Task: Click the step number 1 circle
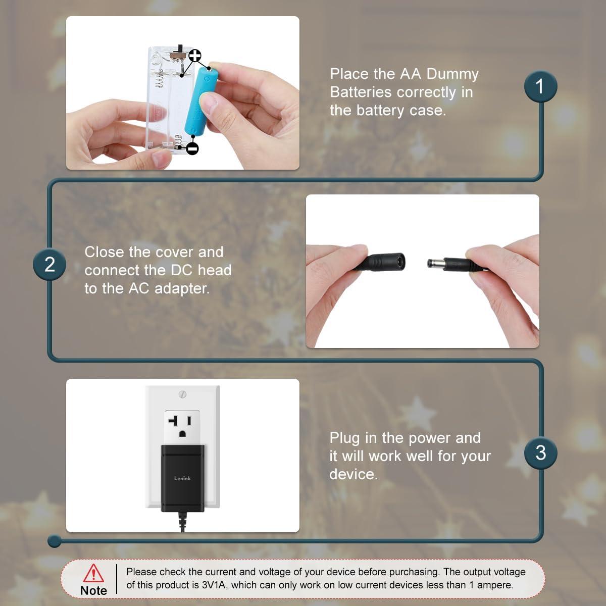click(x=540, y=86)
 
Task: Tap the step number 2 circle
click(x=49, y=265)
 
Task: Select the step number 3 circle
click(x=540, y=452)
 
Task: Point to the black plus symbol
click(x=195, y=56)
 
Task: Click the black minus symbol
click(x=192, y=148)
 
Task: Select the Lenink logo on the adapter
click(x=182, y=478)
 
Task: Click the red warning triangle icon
click(x=93, y=573)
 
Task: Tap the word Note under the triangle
click(x=93, y=590)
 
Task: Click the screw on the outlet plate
click(x=182, y=393)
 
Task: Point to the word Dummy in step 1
click(x=452, y=74)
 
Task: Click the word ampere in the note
click(x=494, y=585)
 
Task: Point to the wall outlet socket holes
click(x=182, y=426)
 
